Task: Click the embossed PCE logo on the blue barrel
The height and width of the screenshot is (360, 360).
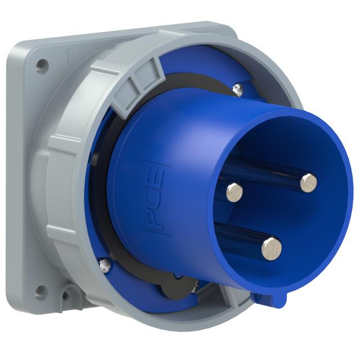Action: pyautogui.click(x=154, y=197)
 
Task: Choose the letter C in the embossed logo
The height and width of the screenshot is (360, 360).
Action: pyautogui.click(x=154, y=197)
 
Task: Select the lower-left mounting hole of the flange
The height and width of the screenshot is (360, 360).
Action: pyautogui.click(x=40, y=291)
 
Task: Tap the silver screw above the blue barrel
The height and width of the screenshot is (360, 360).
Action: pyautogui.click(x=237, y=87)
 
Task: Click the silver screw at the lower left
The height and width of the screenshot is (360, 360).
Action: pyautogui.click(x=103, y=263)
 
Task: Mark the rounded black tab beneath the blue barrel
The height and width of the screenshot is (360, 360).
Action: pyautogui.click(x=169, y=287)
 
